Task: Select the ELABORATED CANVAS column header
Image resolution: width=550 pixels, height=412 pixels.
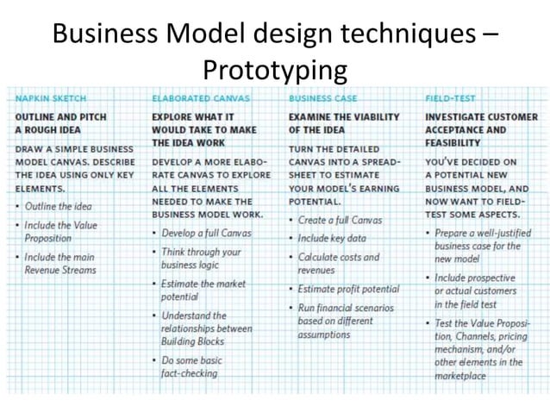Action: [x=201, y=98]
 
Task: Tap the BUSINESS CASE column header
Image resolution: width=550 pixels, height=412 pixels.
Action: [x=323, y=98]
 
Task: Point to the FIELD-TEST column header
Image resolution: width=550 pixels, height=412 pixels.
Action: [x=450, y=98]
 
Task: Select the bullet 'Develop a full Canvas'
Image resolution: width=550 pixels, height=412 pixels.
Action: [x=206, y=234]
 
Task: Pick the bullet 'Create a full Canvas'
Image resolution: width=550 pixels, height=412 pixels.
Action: [x=340, y=220]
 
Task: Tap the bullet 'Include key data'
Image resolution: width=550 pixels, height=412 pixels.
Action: [x=332, y=238]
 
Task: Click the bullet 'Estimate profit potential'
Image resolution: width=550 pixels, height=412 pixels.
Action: [x=348, y=289]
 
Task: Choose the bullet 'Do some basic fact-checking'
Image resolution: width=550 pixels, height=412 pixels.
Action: [x=191, y=366]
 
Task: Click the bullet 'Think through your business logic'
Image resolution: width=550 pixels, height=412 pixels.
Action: [x=201, y=259]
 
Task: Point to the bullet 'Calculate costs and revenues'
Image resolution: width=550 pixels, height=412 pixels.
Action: [x=338, y=263]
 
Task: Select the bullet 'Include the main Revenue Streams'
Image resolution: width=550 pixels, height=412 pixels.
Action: [x=60, y=263]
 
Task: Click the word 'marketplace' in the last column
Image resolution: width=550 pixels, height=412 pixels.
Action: [x=460, y=376]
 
